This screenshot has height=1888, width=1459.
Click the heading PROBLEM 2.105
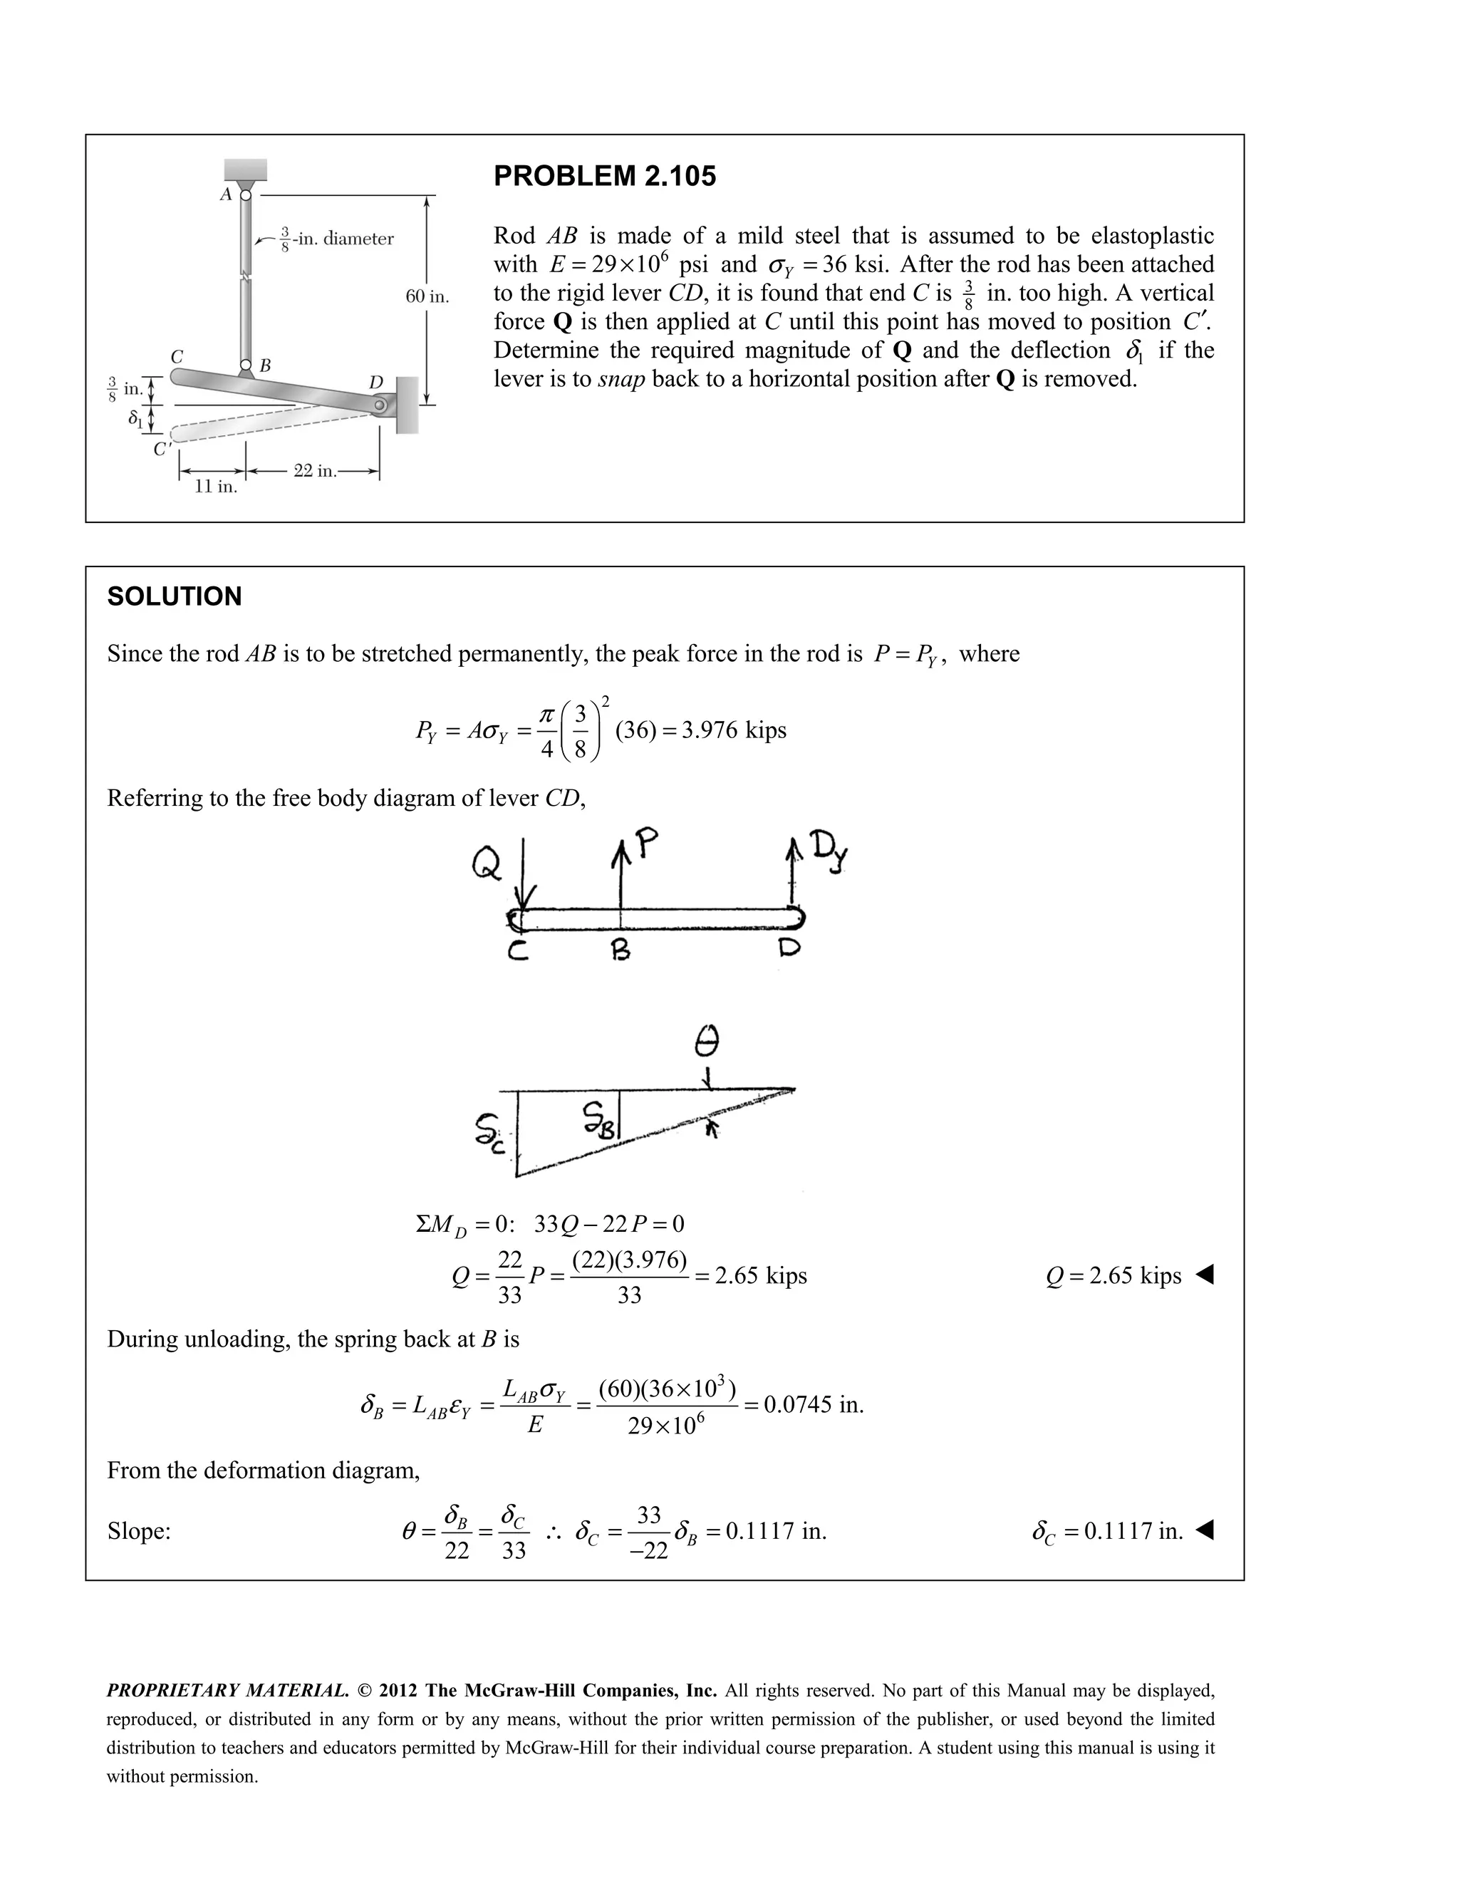pos(604,177)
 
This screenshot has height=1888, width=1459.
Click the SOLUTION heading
pos(174,596)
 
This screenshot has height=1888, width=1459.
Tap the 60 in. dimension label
pos(427,296)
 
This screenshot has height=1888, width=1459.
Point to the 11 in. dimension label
pos(215,487)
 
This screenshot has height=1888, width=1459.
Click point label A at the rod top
pos(226,194)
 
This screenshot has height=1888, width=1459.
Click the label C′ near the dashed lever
pos(162,450)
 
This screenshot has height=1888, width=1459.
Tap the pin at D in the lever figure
pos(380,405)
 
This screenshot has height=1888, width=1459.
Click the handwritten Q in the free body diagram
pos(486,863)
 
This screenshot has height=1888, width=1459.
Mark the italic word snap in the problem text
pos(621,378)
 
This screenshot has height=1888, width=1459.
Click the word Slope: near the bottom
pos(138,1532)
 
